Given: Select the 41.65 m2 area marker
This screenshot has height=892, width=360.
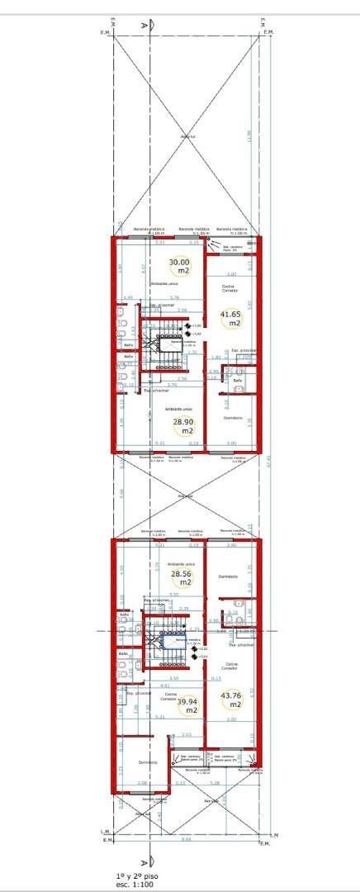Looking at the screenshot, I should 230,319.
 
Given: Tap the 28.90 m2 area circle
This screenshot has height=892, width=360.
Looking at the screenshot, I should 182,425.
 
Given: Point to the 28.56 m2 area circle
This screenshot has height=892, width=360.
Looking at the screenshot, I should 180,576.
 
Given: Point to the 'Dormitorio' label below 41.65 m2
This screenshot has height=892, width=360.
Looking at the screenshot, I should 233,418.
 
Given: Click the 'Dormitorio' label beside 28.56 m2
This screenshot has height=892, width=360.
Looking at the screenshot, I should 228,576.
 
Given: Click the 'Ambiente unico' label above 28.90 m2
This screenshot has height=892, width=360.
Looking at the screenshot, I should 178,409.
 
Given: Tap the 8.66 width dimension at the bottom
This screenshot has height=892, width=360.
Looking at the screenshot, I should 186,839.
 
